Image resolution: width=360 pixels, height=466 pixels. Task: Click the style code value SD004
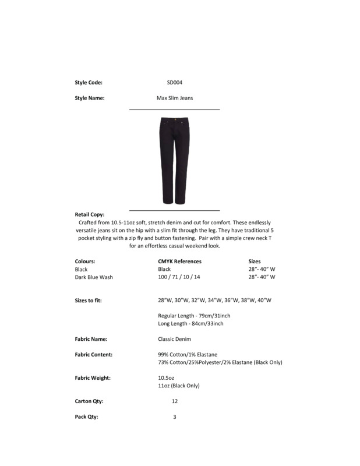(175, 83)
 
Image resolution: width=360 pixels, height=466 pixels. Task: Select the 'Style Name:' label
(90, 98)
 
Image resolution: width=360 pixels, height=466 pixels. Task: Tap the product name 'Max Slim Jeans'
(175, 98)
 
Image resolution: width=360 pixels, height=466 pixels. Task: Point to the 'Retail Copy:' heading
(90, 215)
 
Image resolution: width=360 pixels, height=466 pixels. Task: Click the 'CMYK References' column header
(179, 262)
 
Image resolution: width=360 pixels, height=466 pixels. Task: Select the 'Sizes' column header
(255, 262)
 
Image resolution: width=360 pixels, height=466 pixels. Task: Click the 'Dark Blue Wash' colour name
(94, 277)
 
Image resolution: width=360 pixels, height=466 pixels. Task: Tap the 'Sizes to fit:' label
(92, 300)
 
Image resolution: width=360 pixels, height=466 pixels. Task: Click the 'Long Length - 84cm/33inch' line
(190, 323)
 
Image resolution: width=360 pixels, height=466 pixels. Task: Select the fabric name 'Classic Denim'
(174, 339)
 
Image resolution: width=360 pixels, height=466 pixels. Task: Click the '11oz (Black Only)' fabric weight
(179, 386)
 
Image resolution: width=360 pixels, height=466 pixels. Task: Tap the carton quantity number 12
(175, 401)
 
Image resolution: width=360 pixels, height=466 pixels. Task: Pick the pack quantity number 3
(175, 417)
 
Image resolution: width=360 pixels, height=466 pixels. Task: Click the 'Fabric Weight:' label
(93, 378)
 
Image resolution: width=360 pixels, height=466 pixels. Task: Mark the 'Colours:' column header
(85, 262)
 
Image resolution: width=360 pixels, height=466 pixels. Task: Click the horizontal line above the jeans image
(174, 110)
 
